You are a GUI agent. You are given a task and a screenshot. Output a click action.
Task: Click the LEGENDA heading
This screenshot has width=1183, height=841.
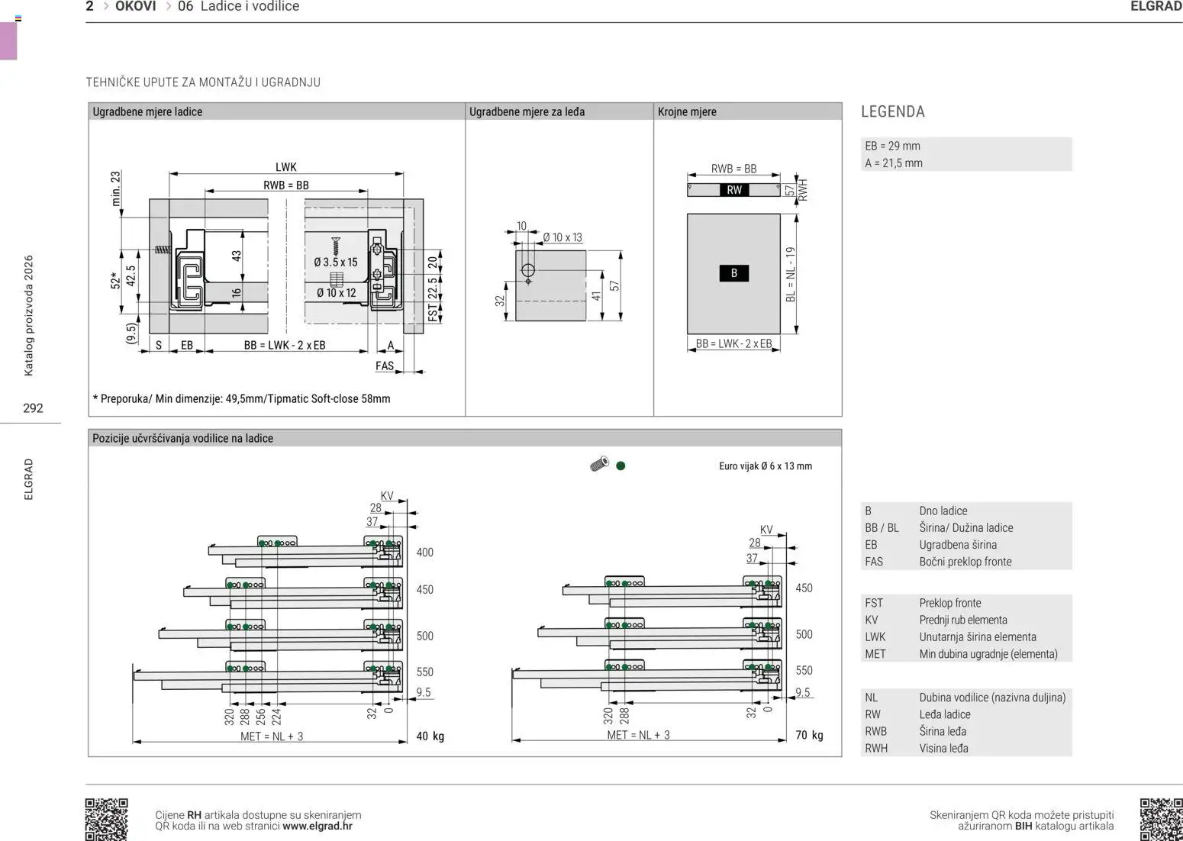pos(892,111)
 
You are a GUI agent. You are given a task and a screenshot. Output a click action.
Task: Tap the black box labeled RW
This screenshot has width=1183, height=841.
pos(733,190)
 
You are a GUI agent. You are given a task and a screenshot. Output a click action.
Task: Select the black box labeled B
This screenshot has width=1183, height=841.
pos(733,273)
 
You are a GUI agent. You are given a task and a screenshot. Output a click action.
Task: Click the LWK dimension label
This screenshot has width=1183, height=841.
pos(285,167)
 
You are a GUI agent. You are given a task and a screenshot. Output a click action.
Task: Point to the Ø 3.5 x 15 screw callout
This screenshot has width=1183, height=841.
pos(336,262)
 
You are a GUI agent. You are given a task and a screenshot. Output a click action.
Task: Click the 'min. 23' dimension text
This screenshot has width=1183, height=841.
pos(116,188)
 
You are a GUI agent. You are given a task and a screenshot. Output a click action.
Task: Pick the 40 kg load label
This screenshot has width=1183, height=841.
pos(430,736)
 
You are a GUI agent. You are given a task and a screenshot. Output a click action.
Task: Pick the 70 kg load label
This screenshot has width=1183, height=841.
pos(809,735)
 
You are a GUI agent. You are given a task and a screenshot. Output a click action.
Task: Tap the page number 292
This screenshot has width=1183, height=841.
pos(33,408)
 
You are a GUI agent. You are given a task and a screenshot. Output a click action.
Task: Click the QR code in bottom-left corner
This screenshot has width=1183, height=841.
pos(106,819)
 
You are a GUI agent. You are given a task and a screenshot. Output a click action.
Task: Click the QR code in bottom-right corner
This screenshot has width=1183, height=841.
pos(1160,819)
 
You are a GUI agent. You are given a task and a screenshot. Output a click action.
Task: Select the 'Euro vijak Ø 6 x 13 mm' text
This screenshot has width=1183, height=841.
pos(765,466)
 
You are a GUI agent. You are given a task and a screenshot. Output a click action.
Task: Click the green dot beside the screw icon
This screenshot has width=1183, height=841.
pos(621,466)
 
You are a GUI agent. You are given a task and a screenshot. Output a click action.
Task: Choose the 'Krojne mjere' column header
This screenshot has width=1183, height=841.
pos(687,111)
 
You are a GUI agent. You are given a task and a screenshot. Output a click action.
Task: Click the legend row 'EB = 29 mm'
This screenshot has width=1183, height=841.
pos(892,146)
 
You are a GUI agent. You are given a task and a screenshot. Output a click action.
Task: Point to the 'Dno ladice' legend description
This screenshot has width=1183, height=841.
pos(943,511)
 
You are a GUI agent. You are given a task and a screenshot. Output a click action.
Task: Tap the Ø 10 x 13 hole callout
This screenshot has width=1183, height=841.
pos(562,237)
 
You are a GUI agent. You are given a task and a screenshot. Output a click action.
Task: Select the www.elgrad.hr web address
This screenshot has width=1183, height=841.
pos(317,826)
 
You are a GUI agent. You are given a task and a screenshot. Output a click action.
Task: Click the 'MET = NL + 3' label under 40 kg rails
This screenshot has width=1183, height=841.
pos(271,736)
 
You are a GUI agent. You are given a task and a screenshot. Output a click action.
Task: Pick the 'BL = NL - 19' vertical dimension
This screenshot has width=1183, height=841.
pos(790,274)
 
